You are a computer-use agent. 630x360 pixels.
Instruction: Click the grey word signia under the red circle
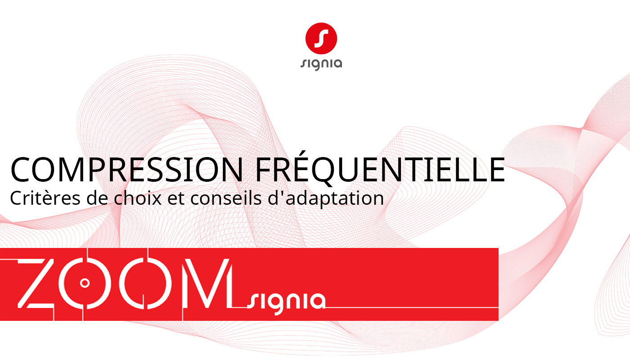click(x=321, y=63)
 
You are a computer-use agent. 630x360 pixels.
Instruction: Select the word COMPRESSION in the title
click(x=126, y=170)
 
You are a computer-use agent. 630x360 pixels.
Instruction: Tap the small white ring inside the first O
click(x=85, y=283)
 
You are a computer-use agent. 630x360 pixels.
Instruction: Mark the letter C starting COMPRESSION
click(x=21, y=170)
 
